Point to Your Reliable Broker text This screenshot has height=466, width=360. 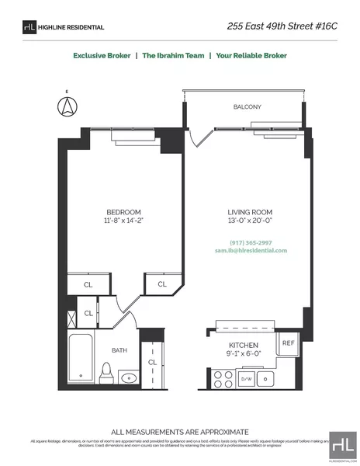[251, 56]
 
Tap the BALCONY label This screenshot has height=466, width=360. [247, 106]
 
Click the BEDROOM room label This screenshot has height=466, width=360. [124, 212]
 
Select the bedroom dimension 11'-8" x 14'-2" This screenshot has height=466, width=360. [124, 221]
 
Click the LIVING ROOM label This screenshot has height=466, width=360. [250, 212]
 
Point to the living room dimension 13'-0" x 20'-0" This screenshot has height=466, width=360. [250, 221]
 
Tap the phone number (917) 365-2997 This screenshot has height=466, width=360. [250, 242]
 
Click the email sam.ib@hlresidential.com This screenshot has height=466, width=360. [250, 251]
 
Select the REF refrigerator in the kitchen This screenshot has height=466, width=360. [287, 343]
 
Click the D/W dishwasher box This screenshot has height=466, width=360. [247, 379]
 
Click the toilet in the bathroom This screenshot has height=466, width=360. [107, 374]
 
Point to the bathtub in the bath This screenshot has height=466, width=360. [81, 360]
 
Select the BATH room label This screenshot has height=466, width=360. [119, 350]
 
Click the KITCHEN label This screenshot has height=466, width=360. [243, 345]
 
